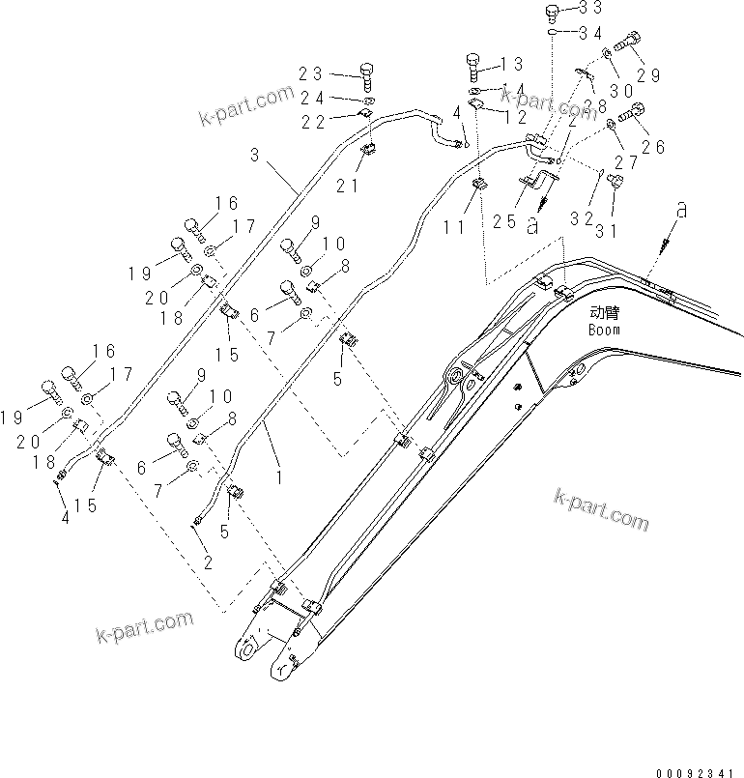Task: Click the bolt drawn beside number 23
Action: click(x=367, y=72)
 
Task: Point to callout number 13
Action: click(x=512, y=65)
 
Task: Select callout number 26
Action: click(x=653, y=147)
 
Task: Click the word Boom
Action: click(x=604, y=330)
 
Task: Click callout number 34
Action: click(x=590, y=33)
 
